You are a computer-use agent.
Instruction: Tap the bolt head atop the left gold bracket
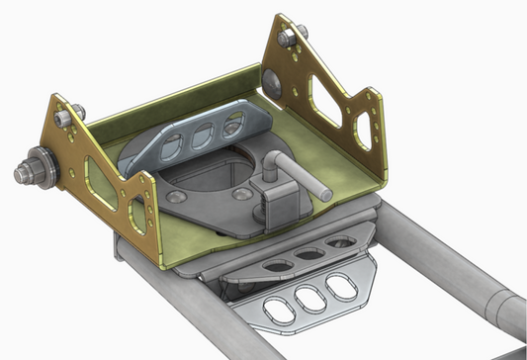pos(63,116)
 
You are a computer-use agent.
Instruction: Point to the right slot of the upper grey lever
pos(233,123)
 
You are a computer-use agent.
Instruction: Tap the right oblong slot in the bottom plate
pos(342,287)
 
